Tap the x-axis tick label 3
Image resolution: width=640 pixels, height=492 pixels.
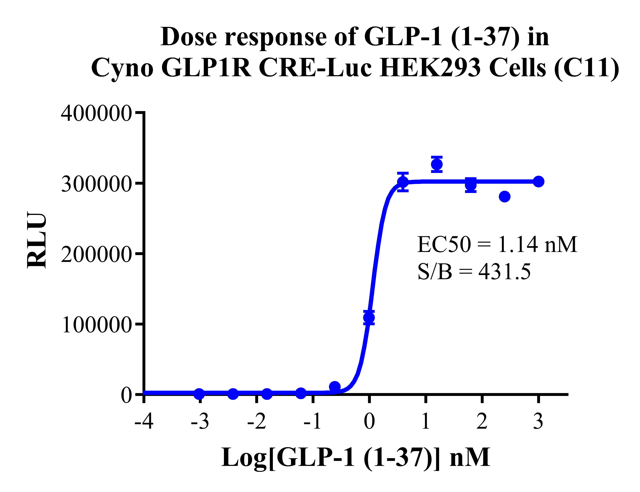point(538,422)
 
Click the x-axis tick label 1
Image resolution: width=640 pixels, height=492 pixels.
point(426,422)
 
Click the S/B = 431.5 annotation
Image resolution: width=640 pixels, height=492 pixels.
point(474,272)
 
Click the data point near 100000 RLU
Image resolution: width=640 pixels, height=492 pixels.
point(369,317)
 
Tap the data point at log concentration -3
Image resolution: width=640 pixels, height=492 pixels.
point(199,394)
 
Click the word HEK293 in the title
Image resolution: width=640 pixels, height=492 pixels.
point(430,68)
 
